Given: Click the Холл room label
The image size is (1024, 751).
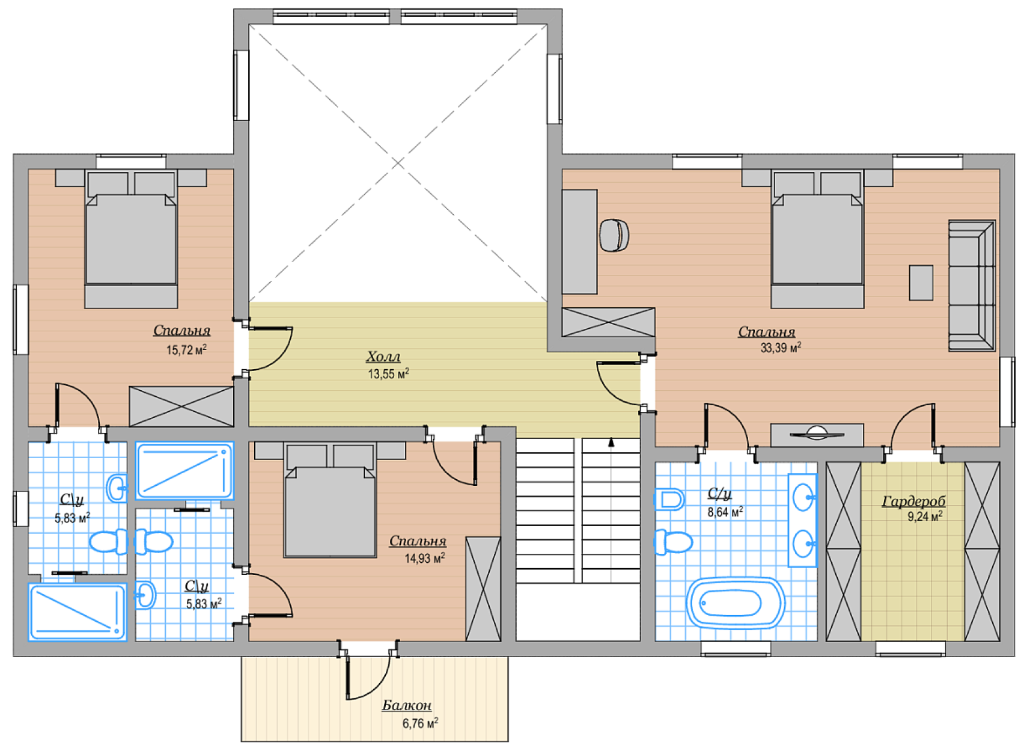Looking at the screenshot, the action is [383, 357].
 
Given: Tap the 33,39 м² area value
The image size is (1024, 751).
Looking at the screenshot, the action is [781, 348].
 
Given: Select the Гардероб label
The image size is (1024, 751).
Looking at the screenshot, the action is [913, 501].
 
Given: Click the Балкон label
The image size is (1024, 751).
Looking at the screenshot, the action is [406, 705].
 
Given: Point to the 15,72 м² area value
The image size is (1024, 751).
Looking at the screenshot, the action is [186, 350].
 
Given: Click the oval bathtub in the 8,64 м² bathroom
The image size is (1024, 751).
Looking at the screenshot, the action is [736, 603].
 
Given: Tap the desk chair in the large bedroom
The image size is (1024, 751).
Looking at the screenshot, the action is [614, 235].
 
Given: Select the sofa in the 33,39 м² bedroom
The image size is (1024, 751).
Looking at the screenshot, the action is [972, 286].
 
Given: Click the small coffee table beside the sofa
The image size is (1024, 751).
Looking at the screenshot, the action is [921, 283].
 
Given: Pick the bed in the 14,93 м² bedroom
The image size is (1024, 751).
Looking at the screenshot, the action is [329, 500].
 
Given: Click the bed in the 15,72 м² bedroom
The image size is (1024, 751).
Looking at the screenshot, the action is [131, 239].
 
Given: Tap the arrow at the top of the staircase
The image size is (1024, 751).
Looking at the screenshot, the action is [611, 442].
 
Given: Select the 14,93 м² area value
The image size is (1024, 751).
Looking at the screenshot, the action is [425, 558].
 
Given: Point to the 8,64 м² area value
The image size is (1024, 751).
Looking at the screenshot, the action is [725, 512].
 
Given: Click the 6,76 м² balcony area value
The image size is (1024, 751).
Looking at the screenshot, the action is [420, 723].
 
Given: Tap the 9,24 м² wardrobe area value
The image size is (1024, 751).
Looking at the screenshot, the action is [925, 517].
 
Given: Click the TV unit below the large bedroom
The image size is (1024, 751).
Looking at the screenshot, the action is [817, 435].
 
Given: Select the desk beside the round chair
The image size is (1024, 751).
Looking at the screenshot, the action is [579, 242].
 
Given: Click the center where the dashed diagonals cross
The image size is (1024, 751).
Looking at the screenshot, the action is [398, 163].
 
